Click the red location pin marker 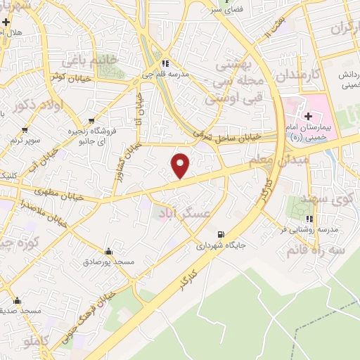[181, 165]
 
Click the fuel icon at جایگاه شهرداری [222, 234]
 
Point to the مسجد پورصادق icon [108, 251]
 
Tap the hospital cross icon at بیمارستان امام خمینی [309, 115]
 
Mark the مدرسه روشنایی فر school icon [307, 219]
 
